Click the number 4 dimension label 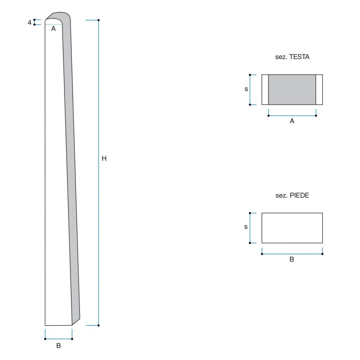click(x=29, y=23)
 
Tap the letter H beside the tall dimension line click(x=104, y=158)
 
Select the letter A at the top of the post click(x=53, y=29)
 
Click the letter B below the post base click(x=59, y=346)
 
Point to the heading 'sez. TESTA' click(x=292, y=57)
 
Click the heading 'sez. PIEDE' click(x=292, y=195)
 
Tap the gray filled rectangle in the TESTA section click(x=292, y=90)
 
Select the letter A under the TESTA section click(x=292, y=121)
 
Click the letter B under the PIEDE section click(x=292, y=259)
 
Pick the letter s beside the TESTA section click(x=246, y=89)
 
